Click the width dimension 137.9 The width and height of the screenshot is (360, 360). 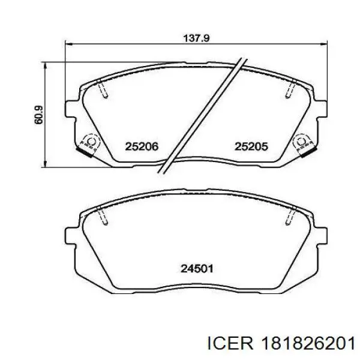196,38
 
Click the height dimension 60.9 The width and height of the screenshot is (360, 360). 38,115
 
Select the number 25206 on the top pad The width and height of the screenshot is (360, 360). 142,146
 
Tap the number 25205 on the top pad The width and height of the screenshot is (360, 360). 251,146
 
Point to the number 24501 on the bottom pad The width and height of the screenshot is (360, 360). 197,269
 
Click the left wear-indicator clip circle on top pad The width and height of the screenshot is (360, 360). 91,142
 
